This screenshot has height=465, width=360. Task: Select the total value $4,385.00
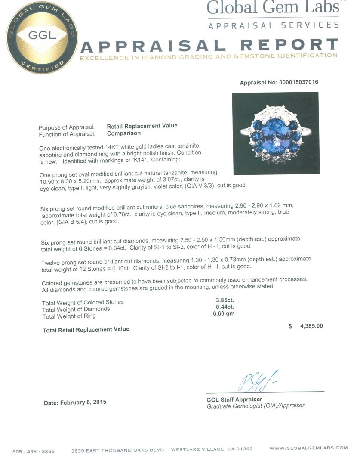click(305, 326)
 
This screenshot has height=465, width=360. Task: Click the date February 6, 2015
click(75, 403)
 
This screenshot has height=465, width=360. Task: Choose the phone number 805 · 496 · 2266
click(34, 451)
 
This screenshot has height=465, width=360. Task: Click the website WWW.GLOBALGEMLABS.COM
click(308, 448)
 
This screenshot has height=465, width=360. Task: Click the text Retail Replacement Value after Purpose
click(142, 126)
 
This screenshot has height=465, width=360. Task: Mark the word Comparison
click(123, 133)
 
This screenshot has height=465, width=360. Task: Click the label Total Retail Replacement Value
click(86, 329)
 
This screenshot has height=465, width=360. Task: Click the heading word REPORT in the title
click(289, 45)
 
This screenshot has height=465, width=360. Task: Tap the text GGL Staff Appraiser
click(234, 400)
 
